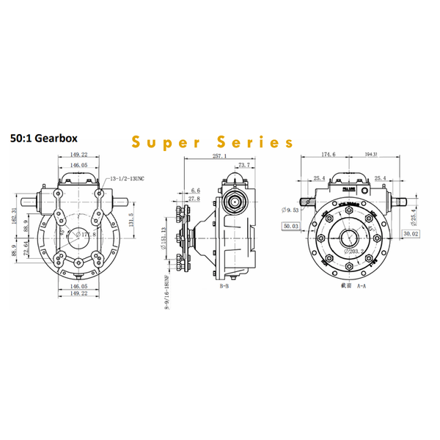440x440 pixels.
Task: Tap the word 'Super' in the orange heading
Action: point(162,142)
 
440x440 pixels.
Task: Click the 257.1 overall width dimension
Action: point(219,156)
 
